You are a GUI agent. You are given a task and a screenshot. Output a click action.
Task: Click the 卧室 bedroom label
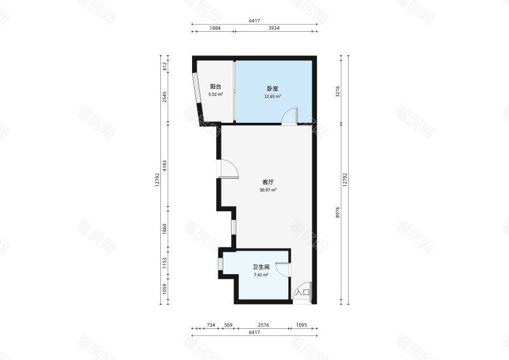click(x=272, y=88)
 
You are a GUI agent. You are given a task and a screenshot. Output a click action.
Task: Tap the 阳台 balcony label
click(x=216, y=87)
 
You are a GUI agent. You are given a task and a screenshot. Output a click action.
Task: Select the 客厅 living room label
click(x=268, y=182)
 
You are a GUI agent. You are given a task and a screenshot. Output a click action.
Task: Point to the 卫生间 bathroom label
click(x=261, y=267)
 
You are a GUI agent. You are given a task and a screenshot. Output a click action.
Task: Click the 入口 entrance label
click(x=302, y=292)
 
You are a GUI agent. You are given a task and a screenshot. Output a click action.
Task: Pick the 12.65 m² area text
click(x=272, y=97)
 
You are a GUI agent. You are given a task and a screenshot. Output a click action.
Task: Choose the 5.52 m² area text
click(x=216, y=95)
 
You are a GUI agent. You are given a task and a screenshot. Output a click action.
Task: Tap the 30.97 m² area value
click(x=268, y=190)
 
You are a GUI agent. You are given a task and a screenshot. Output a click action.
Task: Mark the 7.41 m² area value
click(x=261, y=275)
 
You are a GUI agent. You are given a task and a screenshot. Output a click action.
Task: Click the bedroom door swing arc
click(x=285, y=113)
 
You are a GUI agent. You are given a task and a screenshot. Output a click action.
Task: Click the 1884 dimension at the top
click(x=215, y=28)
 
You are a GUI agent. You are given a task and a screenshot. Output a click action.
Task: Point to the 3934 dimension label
click(x=274, y=28)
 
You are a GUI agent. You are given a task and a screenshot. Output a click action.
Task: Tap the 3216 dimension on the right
click(x=338, y=92)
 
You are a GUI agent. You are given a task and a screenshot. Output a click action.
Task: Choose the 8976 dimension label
click(x=338, y=212)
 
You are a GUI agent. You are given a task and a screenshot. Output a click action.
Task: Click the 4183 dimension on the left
click(x=165, y=165)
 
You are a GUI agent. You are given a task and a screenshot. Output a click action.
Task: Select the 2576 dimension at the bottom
click(x=263, y=325)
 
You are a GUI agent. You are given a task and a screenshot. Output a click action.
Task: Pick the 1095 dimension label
click(x=301, y=325)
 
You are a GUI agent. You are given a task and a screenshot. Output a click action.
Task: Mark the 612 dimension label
click(x=165, y=66)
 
